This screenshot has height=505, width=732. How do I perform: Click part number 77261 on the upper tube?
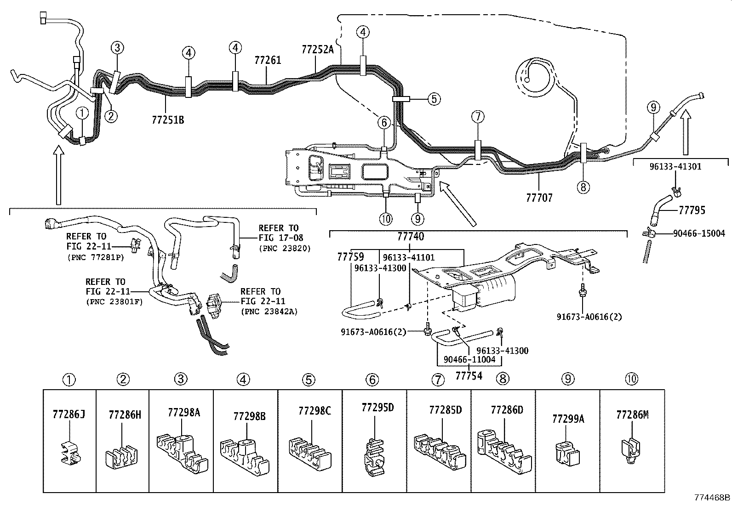(268, 60)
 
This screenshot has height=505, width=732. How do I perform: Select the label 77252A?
(318, 50)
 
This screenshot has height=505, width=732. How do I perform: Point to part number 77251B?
(167, 120)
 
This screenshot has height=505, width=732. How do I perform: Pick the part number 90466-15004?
(699, 233)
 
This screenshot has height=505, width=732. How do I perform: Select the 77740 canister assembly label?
(411, 237)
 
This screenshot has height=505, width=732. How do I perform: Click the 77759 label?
(350, 256)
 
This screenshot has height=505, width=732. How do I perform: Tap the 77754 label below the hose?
(469, 375)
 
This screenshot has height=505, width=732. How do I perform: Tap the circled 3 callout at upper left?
(117, 47)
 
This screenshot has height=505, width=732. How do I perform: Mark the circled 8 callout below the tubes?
(583, 187)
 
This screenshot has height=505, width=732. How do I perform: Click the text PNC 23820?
(285, 248)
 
